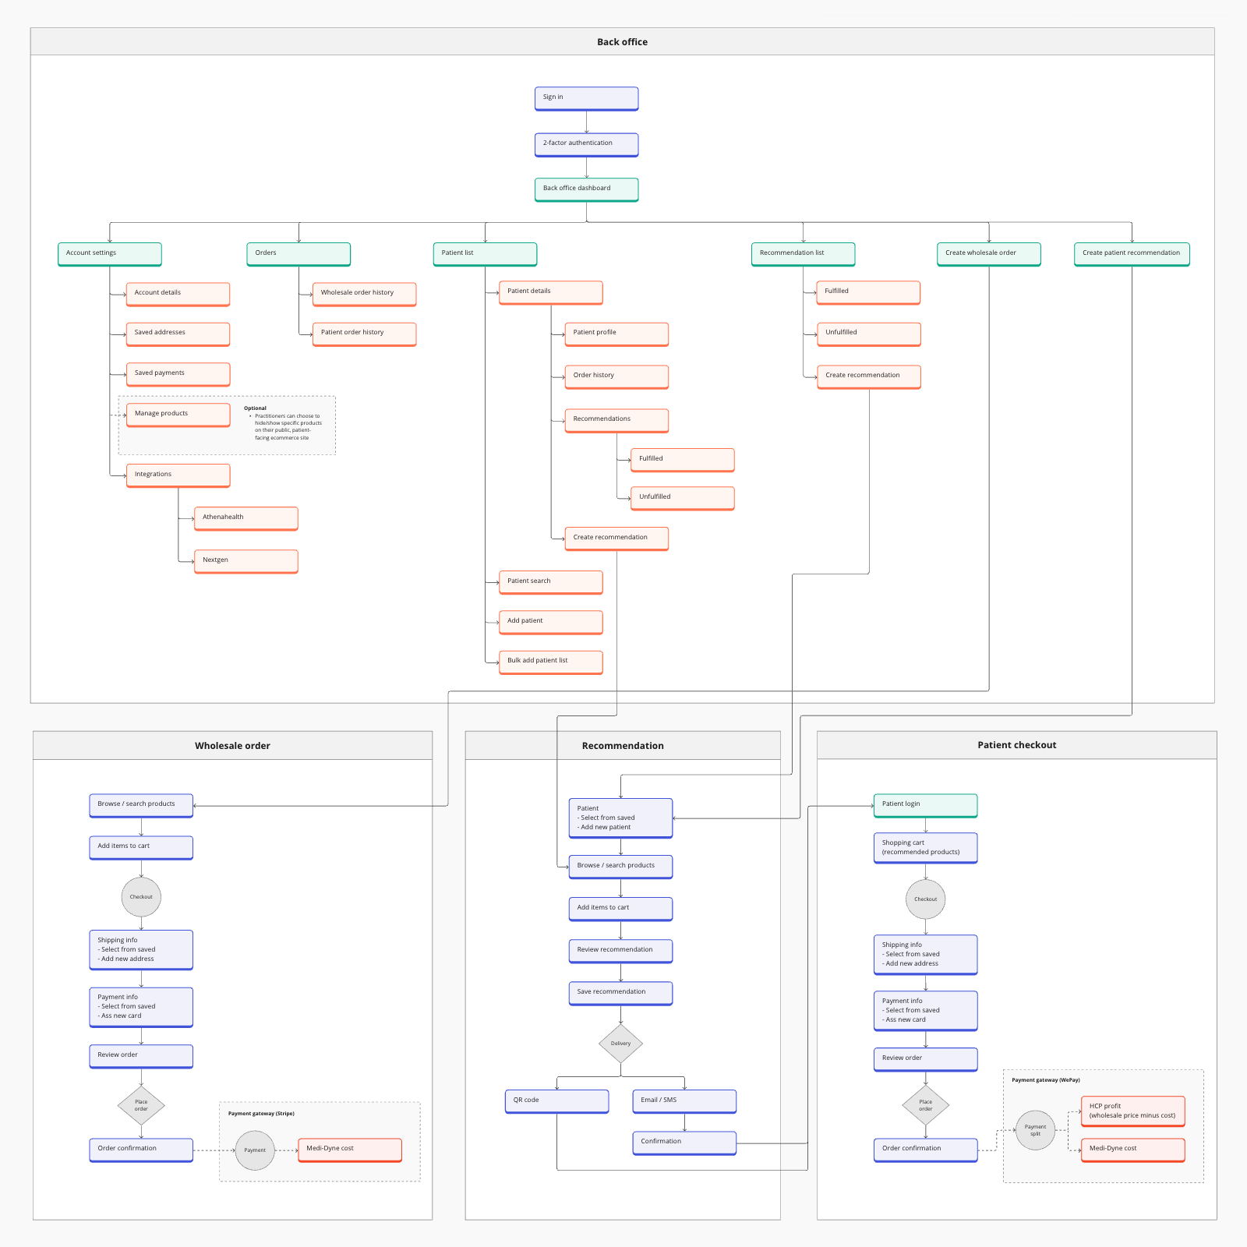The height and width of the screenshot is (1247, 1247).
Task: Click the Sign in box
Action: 586,98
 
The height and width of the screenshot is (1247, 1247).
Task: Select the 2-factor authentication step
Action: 586,144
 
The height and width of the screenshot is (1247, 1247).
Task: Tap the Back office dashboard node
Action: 586,189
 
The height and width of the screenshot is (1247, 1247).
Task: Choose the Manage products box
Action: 178,415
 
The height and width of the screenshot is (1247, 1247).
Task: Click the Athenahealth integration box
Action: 246,518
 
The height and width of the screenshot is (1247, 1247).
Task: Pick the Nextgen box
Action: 246,561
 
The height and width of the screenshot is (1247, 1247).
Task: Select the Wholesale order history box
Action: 364,294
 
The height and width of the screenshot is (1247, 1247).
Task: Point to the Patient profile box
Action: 616,334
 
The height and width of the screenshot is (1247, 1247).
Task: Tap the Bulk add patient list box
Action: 550,662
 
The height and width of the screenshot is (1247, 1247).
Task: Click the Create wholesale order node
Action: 988,254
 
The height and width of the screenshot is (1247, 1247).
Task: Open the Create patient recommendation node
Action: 1131,254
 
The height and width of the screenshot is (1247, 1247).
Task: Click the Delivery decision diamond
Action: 620,1044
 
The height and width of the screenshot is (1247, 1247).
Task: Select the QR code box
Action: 556,1101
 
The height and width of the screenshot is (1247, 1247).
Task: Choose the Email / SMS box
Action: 684,1101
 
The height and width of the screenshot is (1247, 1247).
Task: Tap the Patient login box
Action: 925,805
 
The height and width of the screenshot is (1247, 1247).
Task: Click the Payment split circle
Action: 1035,1130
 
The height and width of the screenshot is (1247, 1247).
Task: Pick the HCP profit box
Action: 1132,1111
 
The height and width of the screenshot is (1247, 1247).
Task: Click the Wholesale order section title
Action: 232,746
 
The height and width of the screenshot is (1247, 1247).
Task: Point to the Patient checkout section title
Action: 1016,745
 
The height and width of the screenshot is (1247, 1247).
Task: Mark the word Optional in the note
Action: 255,408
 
